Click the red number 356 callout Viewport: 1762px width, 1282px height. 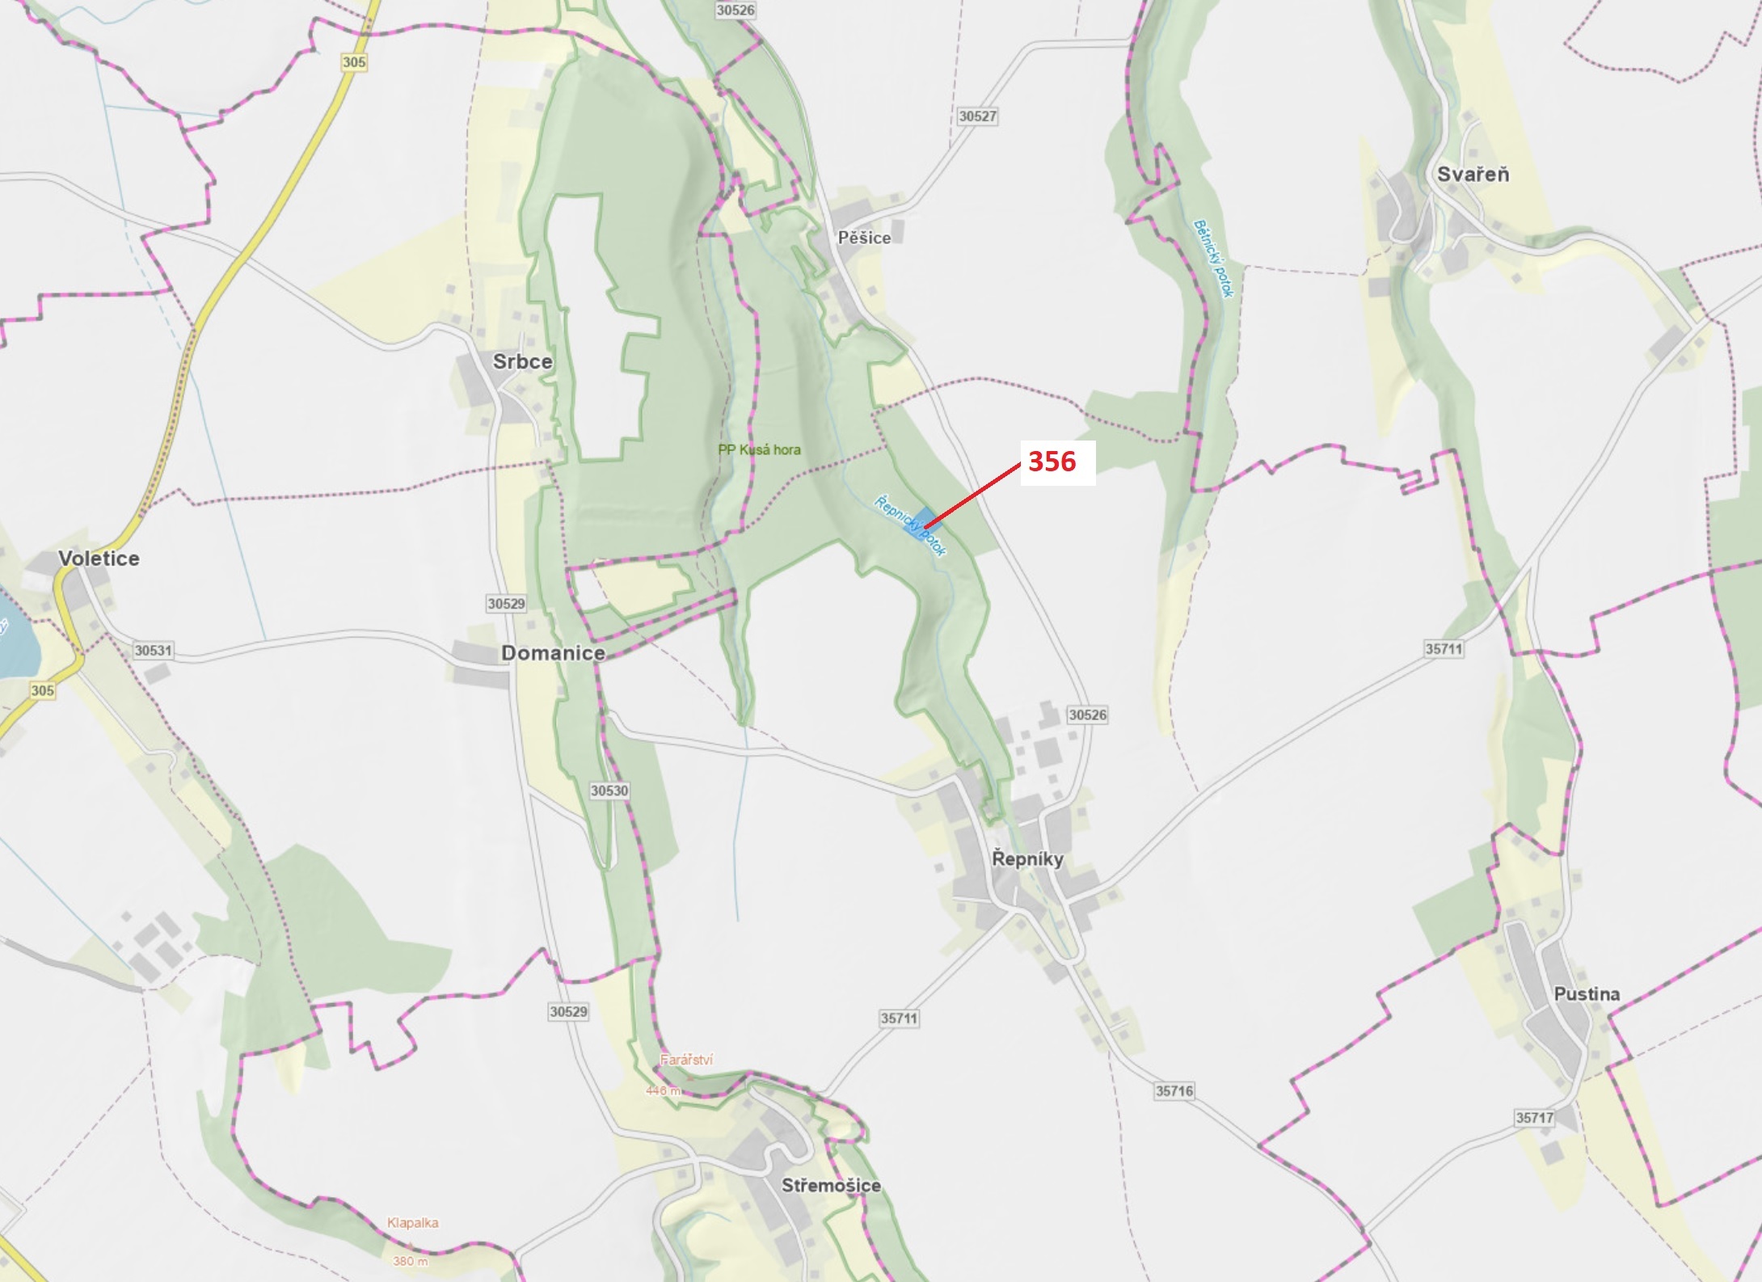click(x=1052, y=462)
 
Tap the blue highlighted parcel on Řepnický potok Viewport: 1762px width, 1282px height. click(x=921, y=525)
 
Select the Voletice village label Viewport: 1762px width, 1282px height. click(x=99, y=559)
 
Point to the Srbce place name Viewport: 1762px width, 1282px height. click(x=523, y=361)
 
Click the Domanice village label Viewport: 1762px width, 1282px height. click(x=553, y=653)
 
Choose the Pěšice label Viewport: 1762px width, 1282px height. click(x=864, y=238)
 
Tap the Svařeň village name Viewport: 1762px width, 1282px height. click(x=1473, y=174)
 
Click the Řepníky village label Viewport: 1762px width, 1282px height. click(x=1027, y=858)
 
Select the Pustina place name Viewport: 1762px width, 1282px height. click(x=1587, y=993)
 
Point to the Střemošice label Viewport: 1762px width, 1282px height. click(x=831, y=1185)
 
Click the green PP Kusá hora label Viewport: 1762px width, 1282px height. click(x=759, y=449)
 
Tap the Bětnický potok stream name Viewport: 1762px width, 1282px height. click(x=1213, y=259)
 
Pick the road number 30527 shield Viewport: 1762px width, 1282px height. click(x=977, y=116)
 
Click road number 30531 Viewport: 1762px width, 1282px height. click(x=153, y=650)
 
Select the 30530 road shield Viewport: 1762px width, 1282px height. click(x=609, y=791)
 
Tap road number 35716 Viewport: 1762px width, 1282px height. click(x=1174, y=1090)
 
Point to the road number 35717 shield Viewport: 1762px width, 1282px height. click(x=1534, y=1117)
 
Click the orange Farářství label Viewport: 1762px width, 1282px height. click(x=686, y=1059)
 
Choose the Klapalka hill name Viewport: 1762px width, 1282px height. click(x=412, y=1222)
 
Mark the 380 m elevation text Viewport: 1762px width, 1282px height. click(x=410, y=1261)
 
